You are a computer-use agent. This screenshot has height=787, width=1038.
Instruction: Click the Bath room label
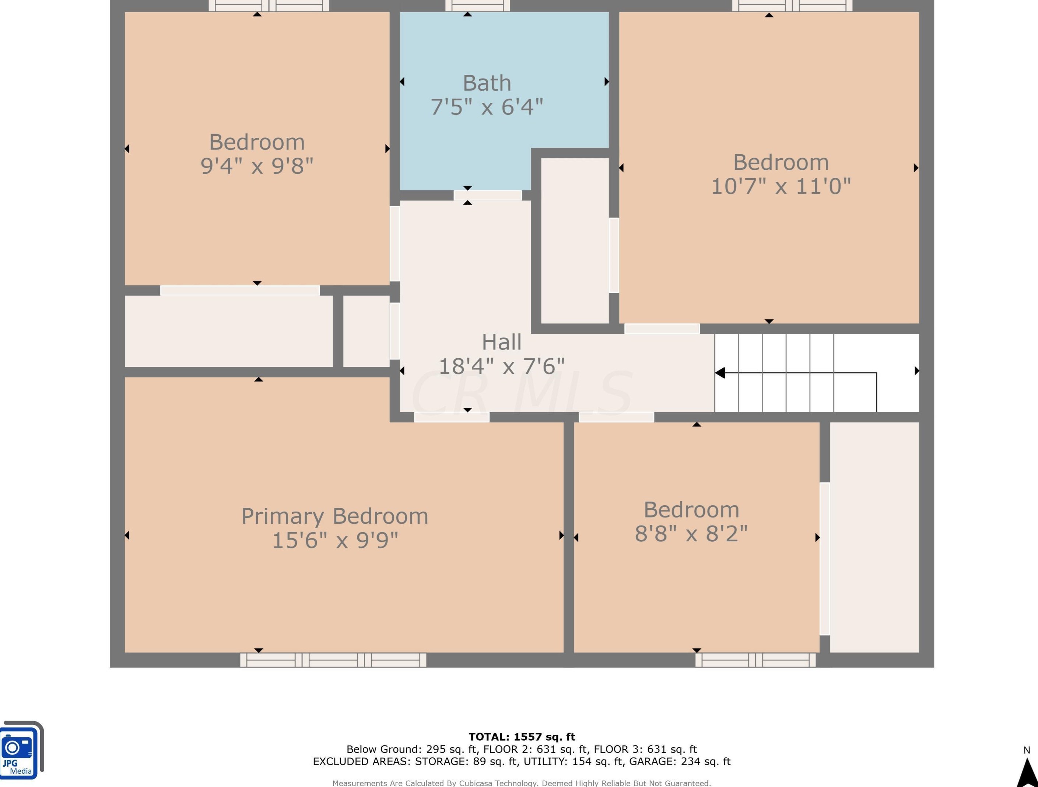click(487, 83)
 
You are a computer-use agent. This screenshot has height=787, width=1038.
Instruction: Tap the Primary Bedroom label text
click(334, 517)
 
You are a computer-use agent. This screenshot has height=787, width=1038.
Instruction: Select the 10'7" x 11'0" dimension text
click(781, 186)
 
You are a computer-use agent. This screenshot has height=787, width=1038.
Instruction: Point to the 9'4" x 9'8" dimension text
click(257, 166)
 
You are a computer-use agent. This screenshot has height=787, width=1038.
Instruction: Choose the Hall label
click(502, 342)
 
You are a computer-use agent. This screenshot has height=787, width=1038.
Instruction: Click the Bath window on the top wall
click(477, 6)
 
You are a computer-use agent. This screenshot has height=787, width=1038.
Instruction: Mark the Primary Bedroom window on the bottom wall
click(333, 660)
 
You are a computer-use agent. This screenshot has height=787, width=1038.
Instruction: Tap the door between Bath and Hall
click(488, 195)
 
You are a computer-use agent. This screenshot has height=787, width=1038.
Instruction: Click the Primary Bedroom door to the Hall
click(452, 417)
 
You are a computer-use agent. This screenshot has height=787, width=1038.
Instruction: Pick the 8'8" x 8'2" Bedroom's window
click(755, 660)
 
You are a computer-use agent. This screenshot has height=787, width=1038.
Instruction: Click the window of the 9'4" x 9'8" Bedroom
click(269, 6)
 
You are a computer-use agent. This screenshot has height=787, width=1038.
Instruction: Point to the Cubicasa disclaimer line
click(521, 783)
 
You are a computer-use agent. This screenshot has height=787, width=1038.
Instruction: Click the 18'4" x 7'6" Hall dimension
click(502, 366)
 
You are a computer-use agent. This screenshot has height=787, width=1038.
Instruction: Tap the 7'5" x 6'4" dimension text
click(487, 107)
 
